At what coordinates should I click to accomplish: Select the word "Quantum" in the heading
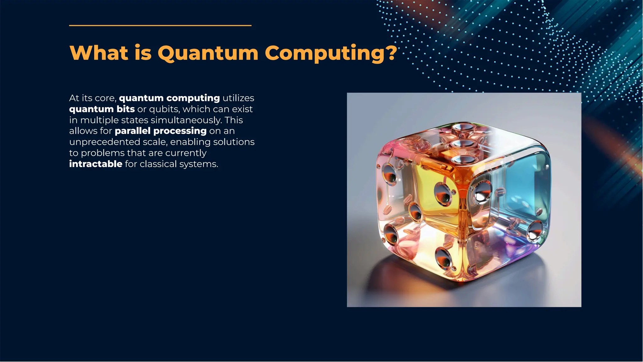tap(208, 53)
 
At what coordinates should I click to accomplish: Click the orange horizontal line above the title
tap(160, 25)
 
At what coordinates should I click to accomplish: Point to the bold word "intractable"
tap(96, 164)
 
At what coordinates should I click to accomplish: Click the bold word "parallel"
tap(132, 131)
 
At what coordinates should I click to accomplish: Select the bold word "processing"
tap(180, 131)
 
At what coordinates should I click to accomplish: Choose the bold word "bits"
tap(126, 109)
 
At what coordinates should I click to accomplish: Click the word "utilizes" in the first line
tap(238, 98)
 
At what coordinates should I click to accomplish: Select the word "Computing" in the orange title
tap(325, 53)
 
